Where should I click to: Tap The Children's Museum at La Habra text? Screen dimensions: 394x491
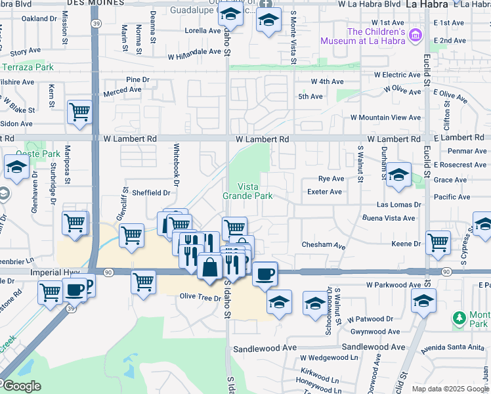(x=362, y=36)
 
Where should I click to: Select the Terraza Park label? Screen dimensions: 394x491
(x=27, y=67)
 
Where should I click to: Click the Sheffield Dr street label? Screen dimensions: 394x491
(x=151, y=193)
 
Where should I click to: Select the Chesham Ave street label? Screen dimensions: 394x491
(x=323, y=245)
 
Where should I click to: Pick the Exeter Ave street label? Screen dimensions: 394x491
(x=325, y=192)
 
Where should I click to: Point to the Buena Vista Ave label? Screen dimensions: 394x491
(x=389, y=218)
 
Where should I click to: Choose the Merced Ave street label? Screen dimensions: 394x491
(x=122, y=90)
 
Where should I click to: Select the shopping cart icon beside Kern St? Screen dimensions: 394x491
(x=79, y=112)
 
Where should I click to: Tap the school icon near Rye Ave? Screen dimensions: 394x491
(x=398, y=175)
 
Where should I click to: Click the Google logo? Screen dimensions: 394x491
(x=22, y=387)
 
